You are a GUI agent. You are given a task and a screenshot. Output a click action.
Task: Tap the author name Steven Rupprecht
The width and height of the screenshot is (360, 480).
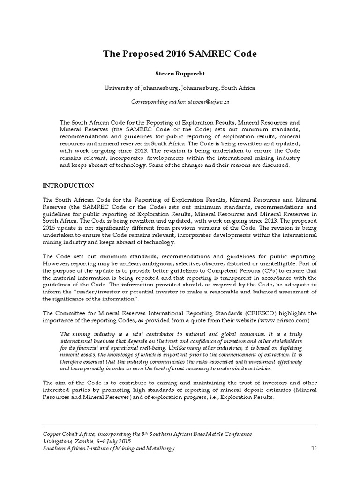pos(180,74)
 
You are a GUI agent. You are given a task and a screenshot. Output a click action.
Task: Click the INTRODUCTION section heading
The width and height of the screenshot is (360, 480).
pos(68,186)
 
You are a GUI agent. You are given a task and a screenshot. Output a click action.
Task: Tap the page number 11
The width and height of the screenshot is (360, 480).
pos(314,449)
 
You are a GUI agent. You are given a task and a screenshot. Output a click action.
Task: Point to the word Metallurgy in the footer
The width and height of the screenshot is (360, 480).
pos(159,449)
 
